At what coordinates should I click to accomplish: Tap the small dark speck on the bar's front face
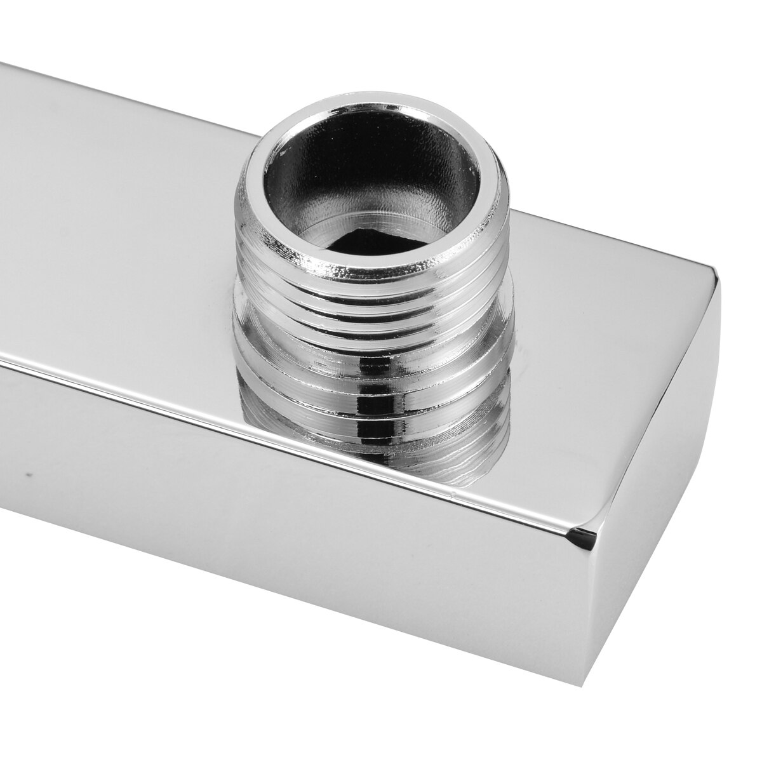pos(26,474)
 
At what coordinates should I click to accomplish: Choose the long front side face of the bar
pos(286,559)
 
